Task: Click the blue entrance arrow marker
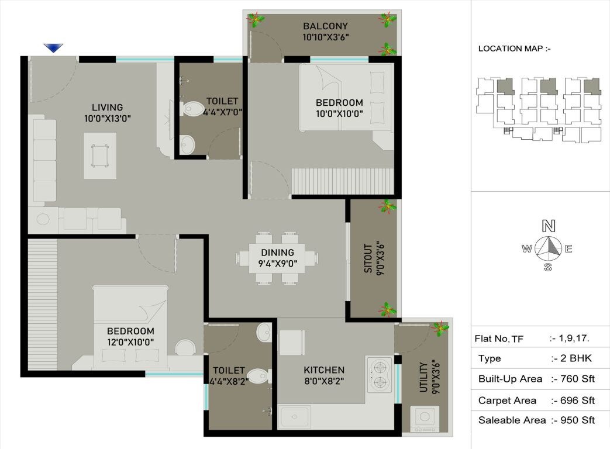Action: [54, 48]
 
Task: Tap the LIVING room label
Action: [107, 107]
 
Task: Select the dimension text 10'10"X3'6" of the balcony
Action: [325, 37]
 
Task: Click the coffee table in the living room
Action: [100, 156]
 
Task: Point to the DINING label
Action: [278, 253]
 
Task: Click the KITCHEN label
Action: [323, 370]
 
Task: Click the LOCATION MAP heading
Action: [514, 49]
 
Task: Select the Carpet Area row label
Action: [507, 400]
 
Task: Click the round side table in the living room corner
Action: [43, 220]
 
